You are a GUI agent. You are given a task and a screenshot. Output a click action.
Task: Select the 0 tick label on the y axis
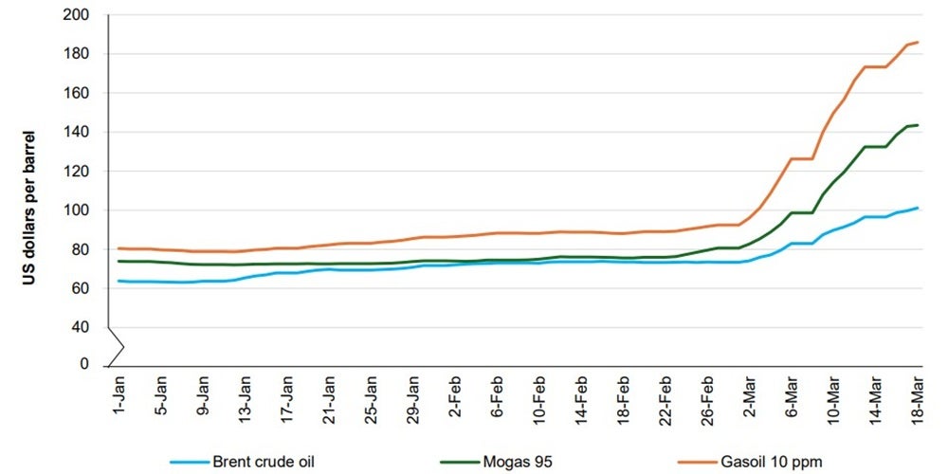pyautogui.click(x=83, y=365)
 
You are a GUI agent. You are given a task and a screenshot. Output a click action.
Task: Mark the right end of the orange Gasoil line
pyautogui.click(x=919, y=42)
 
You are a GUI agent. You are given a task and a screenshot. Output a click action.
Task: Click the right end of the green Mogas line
pyautogui.click(x=919, y=125)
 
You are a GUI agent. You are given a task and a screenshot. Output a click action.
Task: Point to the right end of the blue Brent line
pyautogui.click(x=919, y=208)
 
